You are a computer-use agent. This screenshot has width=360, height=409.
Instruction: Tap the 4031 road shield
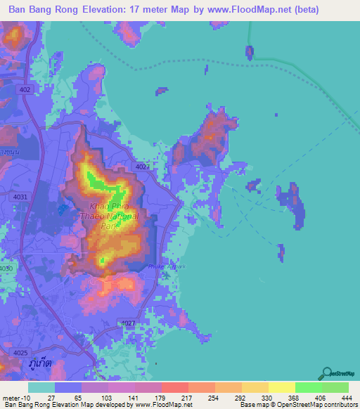[x=20, y=197]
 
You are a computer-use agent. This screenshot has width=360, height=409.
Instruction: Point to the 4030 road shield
[x=6, y=268]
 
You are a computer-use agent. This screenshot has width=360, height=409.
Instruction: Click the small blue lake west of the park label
[x=65, y=208]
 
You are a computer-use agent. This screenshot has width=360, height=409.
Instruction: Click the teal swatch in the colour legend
[x=41, y=388]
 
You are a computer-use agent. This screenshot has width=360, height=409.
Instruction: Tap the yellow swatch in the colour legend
[x=281, y=388]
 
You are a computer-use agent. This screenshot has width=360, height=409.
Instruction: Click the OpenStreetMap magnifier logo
[x=328, y=374]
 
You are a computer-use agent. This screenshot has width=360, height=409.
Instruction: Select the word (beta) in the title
[x=283, y=10]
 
